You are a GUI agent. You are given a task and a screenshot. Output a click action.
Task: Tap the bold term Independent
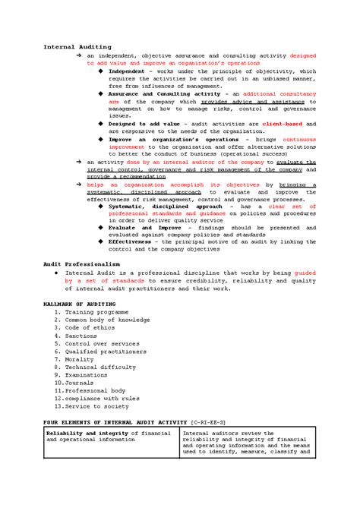tap(129, 71)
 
